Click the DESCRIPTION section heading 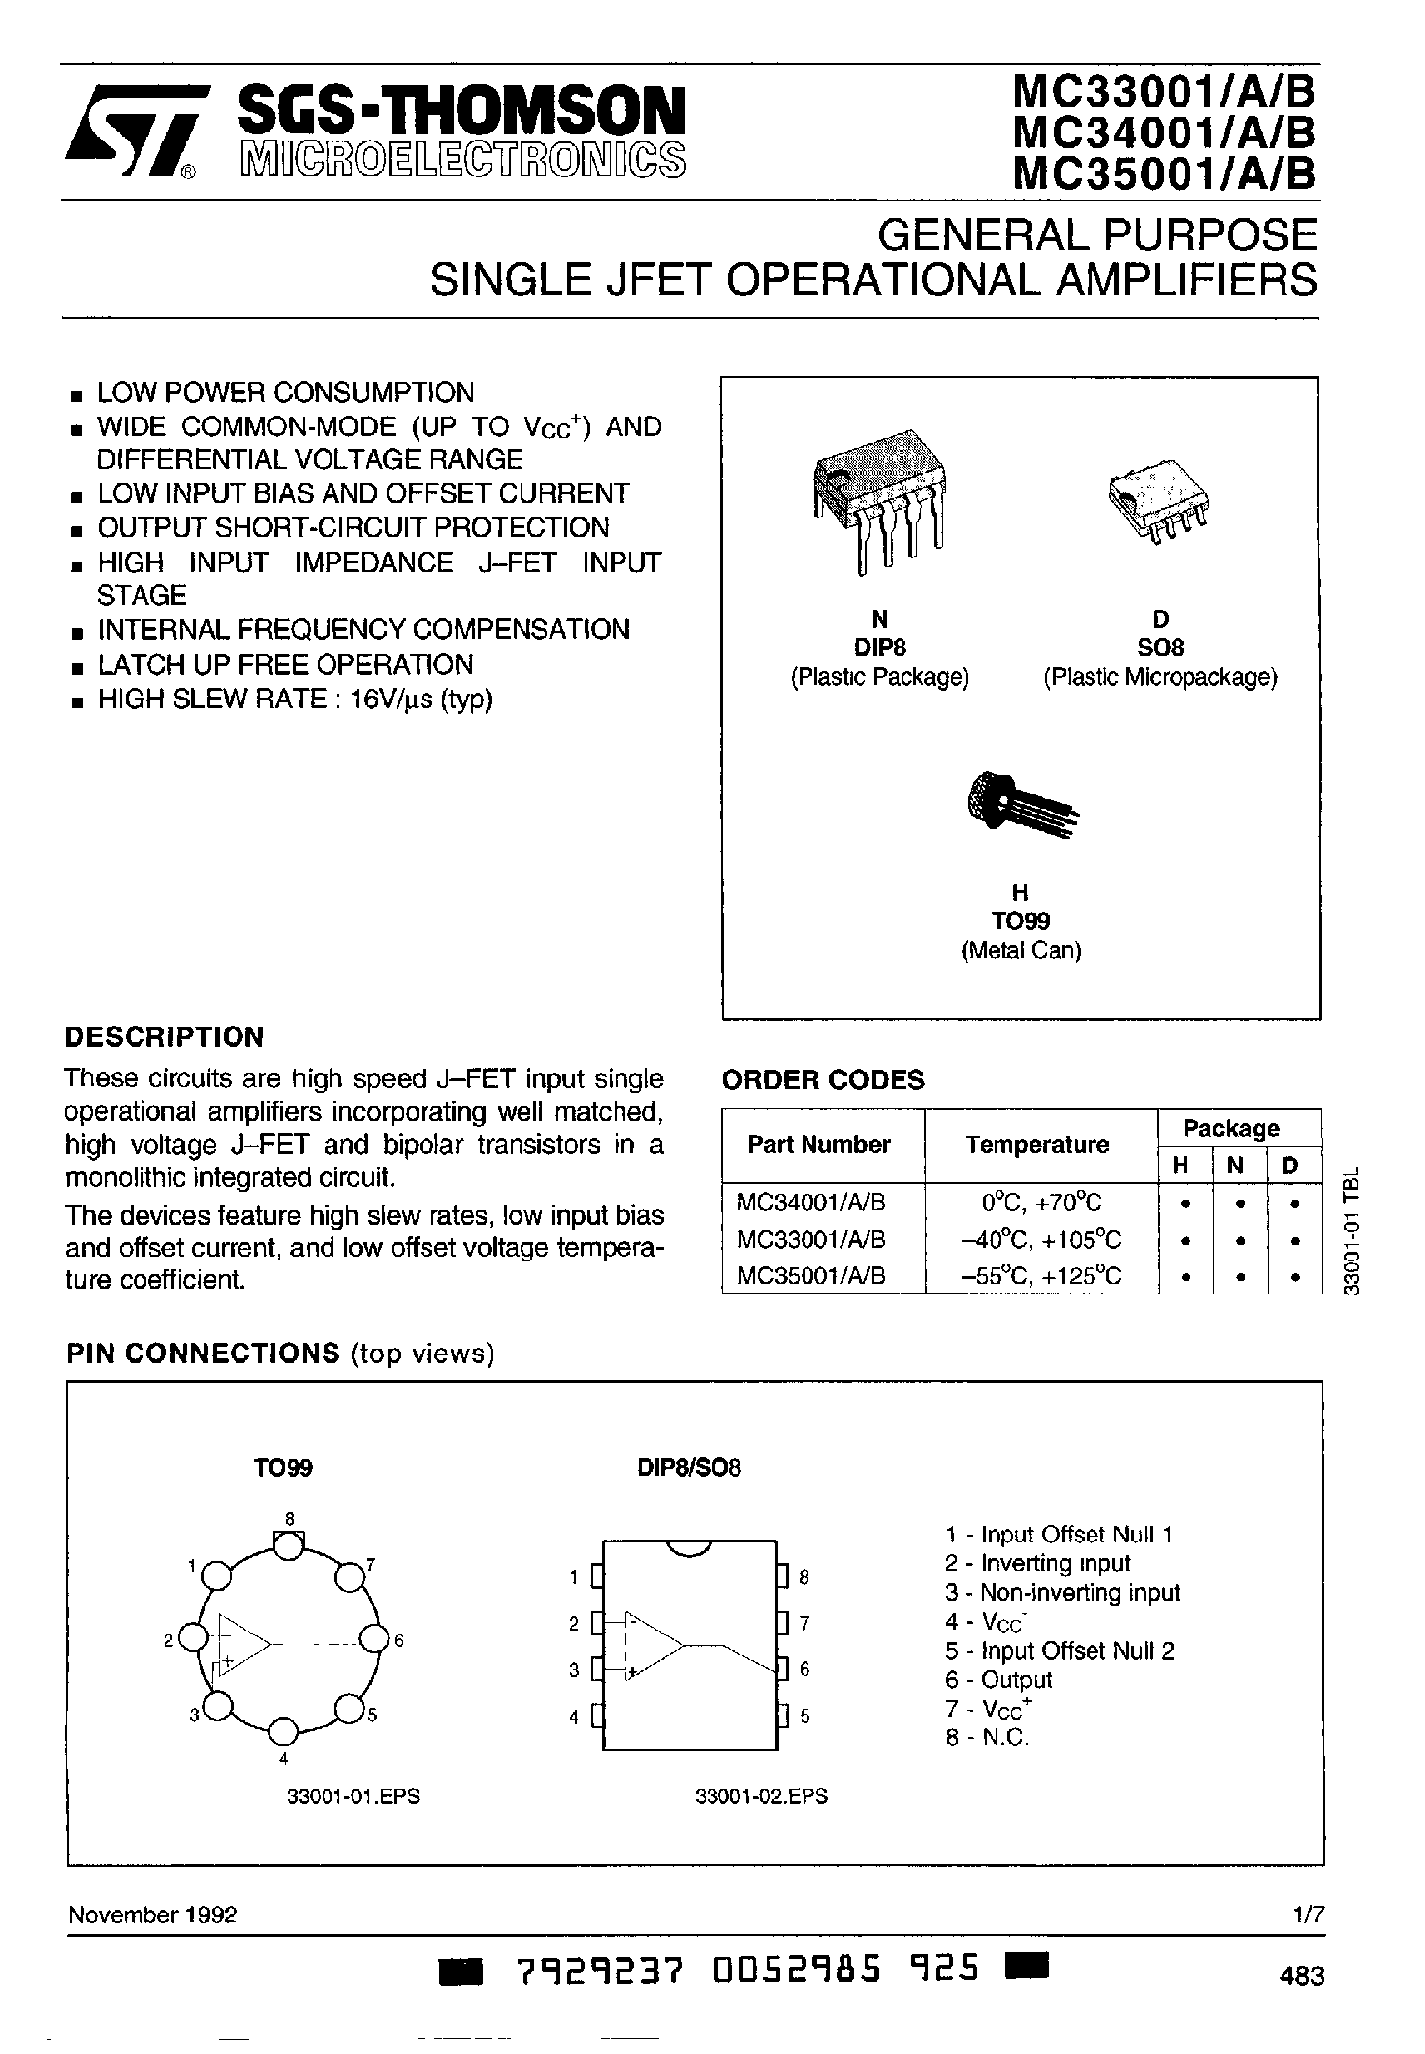point(164,1037)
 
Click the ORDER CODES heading point(823,1079)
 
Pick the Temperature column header point(1036,1145)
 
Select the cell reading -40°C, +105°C point(1041,1240)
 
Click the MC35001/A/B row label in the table point(811,1276)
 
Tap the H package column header point(1181,1167)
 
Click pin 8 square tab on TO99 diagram point(288,1544)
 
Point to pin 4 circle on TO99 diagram point(283,1731)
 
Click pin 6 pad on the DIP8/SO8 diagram point(781,1668)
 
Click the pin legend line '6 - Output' point(998,1679)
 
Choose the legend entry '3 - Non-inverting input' point(1063,1593)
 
